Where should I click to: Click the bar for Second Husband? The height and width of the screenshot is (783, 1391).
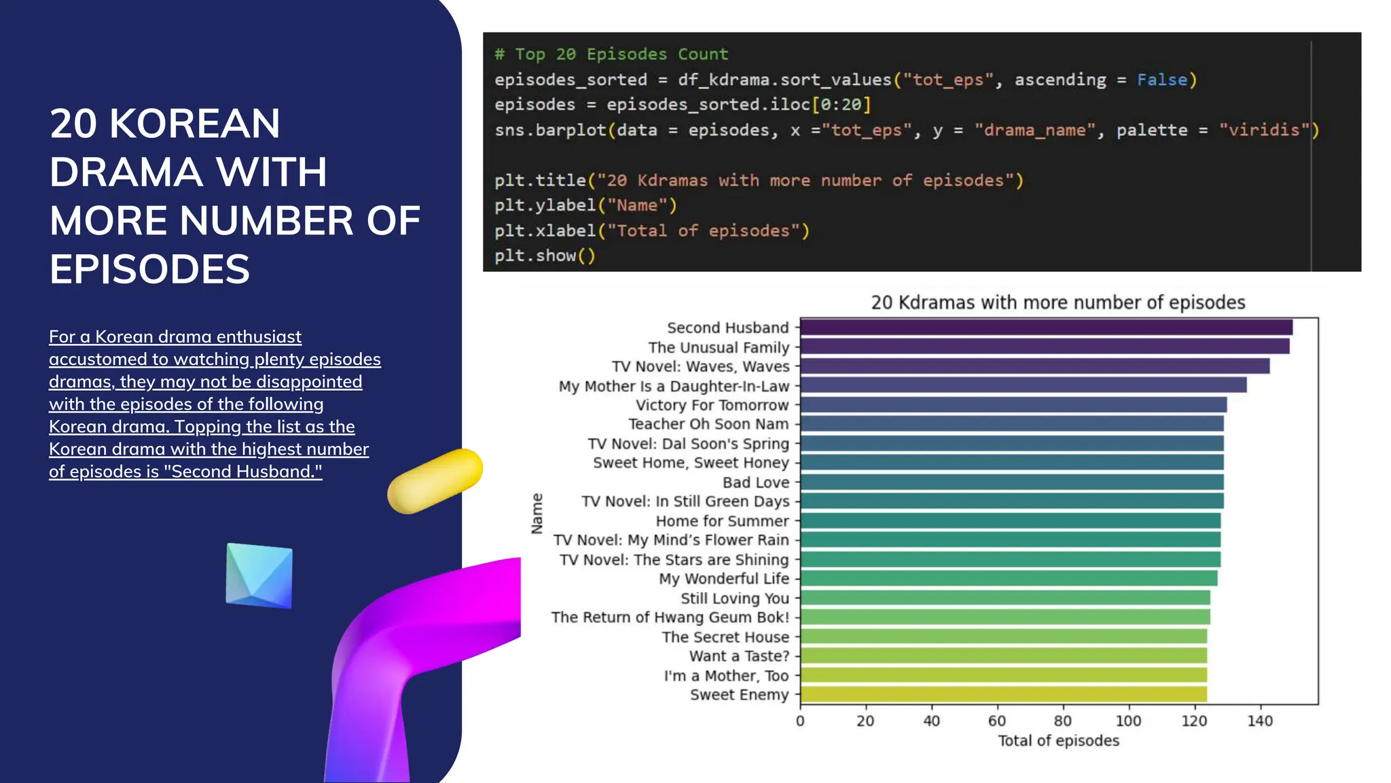[x=1046, y=328]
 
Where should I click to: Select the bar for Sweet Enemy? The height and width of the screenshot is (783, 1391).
[x=1003, y=695]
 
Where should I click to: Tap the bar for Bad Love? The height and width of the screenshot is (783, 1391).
[x=1012, y=483]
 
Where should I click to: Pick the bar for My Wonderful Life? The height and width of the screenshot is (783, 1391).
[x=1009, y=579]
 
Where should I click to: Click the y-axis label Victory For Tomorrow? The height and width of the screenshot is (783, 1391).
[x=712, y=405]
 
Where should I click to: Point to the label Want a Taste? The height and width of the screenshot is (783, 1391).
[x=739, y=657]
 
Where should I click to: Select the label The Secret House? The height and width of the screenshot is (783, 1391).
[x=725, y=638]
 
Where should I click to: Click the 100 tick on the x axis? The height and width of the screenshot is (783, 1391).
[x=1128, y=721]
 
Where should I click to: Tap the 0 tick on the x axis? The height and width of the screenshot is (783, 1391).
[x=800, y=721]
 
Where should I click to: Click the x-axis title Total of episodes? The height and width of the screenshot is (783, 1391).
[x=1058, y=741]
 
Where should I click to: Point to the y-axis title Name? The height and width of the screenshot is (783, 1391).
[x=537, y=513]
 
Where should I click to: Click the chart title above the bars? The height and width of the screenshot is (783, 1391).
[x=1058, y=302]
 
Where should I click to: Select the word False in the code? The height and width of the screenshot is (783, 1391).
[x=1161, y=80]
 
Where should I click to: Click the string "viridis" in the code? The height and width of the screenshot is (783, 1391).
[x=1263, y=130]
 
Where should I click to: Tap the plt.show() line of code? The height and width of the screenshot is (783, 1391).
[x=545, y=256]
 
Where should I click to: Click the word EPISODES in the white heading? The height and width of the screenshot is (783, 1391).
[x=149, y=269]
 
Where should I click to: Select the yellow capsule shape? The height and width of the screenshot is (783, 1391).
[x=435, y=481]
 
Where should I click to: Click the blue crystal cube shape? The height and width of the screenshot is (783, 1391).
[x=259, y=575]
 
